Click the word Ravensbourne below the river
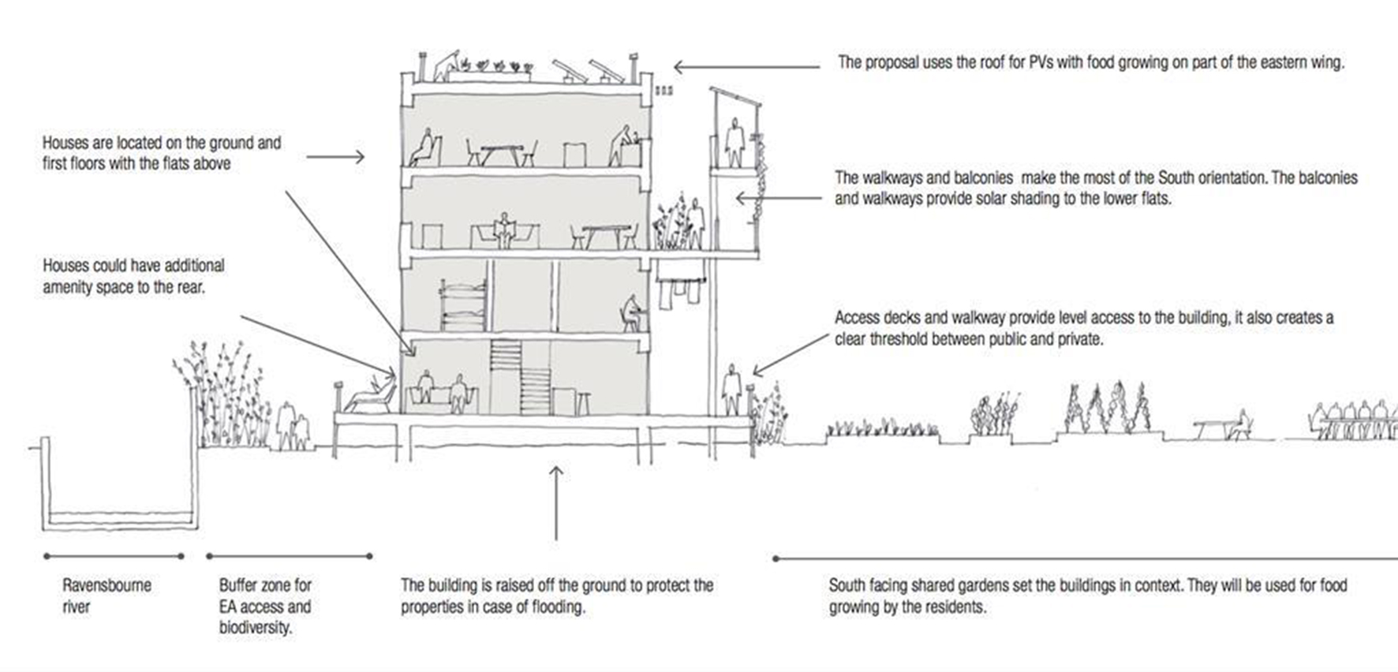pos(107,585)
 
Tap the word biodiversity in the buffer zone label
pos(255,628)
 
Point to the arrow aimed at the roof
pos(746,68)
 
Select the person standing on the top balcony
pos(735,143)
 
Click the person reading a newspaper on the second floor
pos(503,231)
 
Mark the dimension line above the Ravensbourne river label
pos(114,556)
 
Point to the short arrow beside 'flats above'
pos(335,157)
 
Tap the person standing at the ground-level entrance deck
pos(732,389)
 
